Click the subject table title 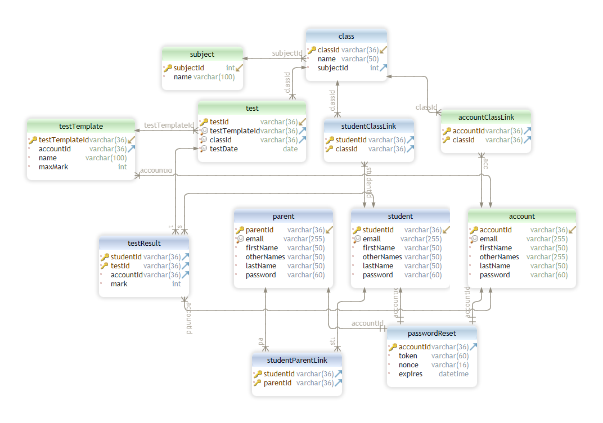202,55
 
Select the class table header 346,37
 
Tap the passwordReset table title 432,334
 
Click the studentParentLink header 296,361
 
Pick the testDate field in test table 223,149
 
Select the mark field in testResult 119,284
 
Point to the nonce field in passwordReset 408,365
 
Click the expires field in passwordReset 411,374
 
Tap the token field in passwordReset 408,356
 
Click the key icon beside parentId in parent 240,230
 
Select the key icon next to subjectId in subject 168,68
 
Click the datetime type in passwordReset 453,374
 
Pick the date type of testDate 290,149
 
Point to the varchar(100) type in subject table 214,77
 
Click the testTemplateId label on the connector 169,125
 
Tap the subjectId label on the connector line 287,53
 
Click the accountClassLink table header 485,118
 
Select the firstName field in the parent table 262,248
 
